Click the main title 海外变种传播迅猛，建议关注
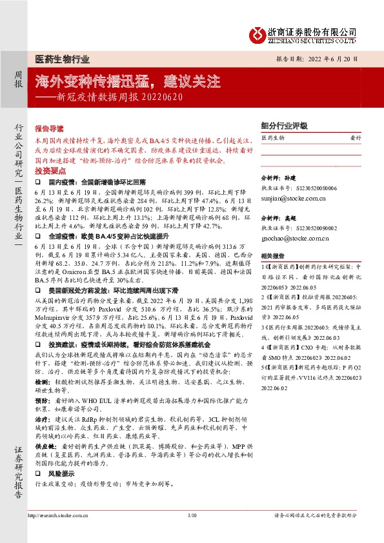128,83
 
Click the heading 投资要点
50,171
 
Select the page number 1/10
192,515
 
